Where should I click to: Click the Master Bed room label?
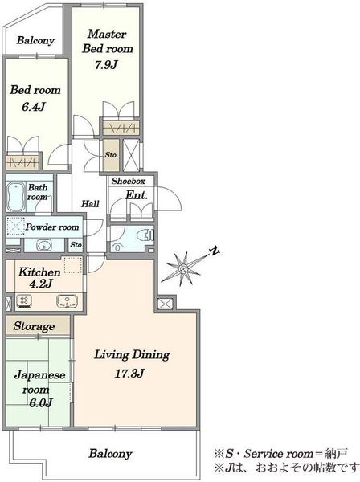108,41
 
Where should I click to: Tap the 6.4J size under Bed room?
34,107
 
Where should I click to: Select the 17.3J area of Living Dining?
129,374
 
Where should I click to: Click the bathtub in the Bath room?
16,197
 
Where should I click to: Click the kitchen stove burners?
24,301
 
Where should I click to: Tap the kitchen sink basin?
67,301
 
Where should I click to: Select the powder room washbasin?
44,245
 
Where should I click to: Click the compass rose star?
184,268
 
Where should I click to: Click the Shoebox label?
129,181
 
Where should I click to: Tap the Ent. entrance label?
137,195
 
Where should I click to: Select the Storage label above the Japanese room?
34,326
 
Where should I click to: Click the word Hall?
90,203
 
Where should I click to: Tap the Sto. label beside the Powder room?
76,245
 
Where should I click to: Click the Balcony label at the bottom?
110,454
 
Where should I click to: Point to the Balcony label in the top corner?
35,40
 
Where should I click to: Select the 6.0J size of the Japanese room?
41,402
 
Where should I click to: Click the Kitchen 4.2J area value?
40,284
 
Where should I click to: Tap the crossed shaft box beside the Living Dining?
166,304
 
